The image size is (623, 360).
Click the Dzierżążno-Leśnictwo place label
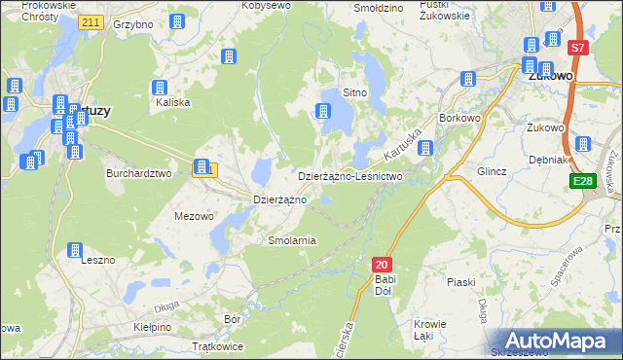(349, 177)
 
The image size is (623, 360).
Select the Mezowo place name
(193, 216)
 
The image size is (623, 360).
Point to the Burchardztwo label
(138, 173)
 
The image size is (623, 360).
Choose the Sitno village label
(354, 93)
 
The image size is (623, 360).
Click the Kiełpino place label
(152, 328)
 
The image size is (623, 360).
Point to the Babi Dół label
(385, 286)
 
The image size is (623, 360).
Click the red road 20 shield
(382, 265)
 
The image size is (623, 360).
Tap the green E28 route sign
(584, 182)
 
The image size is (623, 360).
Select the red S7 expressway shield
(577, 47)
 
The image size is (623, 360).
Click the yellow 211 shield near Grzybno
(92, 21)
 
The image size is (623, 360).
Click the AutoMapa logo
(558, 341)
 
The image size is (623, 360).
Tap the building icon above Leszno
(75, 250)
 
